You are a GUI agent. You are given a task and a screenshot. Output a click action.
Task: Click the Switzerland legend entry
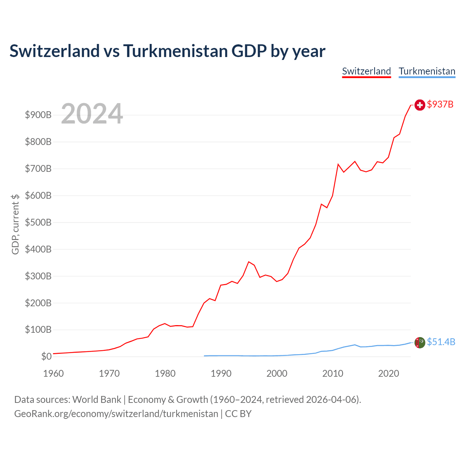coord(366,72)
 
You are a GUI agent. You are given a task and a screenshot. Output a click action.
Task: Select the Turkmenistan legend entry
coord(427,72)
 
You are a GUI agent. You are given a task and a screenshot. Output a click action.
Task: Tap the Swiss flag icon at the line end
coord(420,105)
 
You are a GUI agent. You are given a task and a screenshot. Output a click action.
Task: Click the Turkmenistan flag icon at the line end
coord(420,343)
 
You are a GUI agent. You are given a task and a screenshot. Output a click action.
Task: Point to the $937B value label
coord(440,104)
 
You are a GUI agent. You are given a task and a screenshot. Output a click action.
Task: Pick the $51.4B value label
coord(441,342)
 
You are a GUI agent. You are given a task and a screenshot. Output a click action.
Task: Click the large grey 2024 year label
coord(92,113)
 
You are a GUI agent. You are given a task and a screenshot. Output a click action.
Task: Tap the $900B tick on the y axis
coord(38,115)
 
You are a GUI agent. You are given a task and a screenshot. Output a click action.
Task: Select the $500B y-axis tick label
coord(38,222)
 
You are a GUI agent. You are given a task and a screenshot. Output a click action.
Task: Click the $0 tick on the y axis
coord(46,356)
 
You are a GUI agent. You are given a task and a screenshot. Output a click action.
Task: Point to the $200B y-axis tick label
coord(38,303)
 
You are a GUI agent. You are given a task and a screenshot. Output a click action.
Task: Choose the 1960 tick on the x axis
coord(53,373)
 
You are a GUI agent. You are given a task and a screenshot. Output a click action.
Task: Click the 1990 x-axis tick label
coord(221,373)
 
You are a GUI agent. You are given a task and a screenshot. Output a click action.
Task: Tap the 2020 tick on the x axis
coord(388,373)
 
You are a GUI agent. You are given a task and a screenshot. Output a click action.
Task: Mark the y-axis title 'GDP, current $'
coord(15,224)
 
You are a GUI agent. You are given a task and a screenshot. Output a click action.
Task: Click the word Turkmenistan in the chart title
coord(175,51)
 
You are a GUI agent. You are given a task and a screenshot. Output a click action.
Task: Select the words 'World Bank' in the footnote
coord(97,400)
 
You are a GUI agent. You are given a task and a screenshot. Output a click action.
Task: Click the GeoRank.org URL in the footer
coord(116,414)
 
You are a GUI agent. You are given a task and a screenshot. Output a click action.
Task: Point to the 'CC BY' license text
coord(238,414)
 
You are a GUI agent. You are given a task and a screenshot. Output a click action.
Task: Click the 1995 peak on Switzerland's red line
coord(249,262)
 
